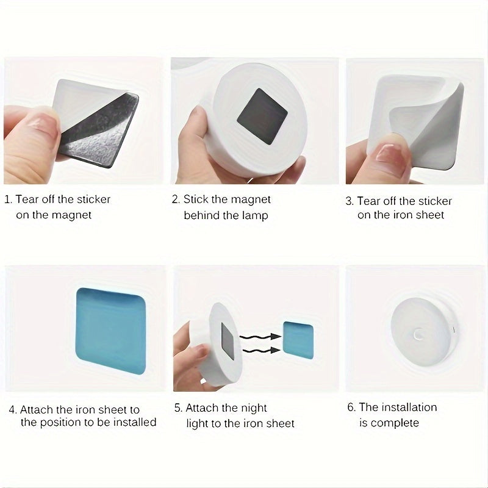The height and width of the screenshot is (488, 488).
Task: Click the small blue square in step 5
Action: point(298,340)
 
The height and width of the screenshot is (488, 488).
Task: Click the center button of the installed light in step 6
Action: point(418,334)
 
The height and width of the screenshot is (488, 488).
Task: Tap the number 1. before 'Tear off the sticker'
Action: point(8,199)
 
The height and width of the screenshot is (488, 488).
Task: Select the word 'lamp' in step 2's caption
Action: point(254,215)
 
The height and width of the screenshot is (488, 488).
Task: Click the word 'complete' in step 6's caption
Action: point(395,423)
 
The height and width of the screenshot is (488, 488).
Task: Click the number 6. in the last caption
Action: point(352,407)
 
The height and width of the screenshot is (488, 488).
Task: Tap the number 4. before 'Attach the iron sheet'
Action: point(12,409)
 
